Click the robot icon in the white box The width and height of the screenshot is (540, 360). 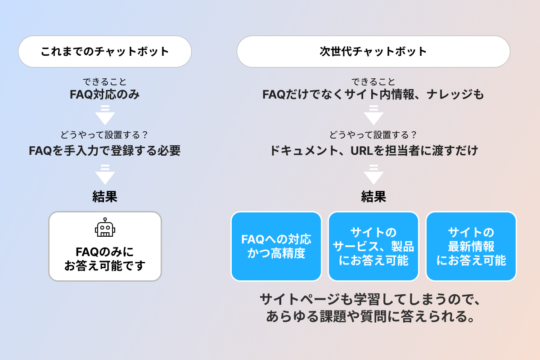click(x=105, y=228)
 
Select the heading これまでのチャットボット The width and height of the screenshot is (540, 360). click(x=105, y=51)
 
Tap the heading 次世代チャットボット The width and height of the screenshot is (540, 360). click(x=373, y=51)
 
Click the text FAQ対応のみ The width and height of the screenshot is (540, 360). click(x=105, y=95)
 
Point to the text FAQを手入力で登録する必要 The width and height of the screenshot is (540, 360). click(x=105, y=151)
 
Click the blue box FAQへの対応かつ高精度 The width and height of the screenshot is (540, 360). click(x=276, y=246)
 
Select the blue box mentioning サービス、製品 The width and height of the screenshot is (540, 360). click(x=373, y=246)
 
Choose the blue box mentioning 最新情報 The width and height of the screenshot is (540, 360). click(x=471, y=246)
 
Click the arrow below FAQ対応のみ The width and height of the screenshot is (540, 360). click(x=105, y=115)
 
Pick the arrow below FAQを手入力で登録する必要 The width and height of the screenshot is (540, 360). click(x=105, y=175)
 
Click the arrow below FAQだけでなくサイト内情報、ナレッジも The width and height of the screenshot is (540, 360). click(x=373, y=115)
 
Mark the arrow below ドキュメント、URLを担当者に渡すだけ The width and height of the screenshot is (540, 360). click(x=373, y=175)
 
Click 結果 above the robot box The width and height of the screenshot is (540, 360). click(x=105, y=197)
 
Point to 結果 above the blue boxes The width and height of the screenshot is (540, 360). click(x=373, y=197)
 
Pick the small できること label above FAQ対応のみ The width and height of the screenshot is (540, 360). click(x=105, y=82)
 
